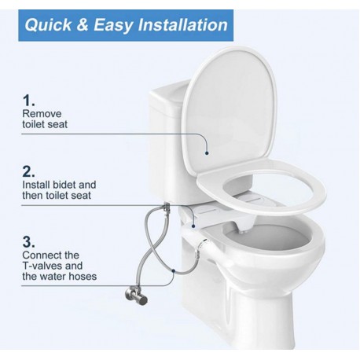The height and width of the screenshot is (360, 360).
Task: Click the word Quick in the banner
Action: [x=48, y=25]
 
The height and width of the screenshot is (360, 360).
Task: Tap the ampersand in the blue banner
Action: [x=83, y=25]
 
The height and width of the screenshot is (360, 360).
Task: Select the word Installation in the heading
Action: [x=183, y=25]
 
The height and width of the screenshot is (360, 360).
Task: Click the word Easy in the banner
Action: [x=113, y=26]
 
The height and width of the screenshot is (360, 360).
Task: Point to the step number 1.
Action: [x=28, y=101]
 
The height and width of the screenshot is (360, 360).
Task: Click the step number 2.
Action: [x=28, y=171]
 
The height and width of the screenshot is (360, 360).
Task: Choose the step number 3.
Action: [x=28, y=242]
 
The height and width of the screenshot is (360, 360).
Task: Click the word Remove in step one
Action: [x=42, y=114]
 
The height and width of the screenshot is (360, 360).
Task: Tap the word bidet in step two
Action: [x=64, y=185]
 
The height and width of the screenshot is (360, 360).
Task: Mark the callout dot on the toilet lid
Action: [x=207, y=153]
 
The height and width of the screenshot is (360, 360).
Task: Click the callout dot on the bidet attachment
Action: [x=193, y=226]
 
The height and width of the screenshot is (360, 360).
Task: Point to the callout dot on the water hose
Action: [x=173, y=270]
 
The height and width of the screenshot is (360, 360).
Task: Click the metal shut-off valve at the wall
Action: [x=136, y=296]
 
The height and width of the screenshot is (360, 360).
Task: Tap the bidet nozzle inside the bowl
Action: [x=244, y=231]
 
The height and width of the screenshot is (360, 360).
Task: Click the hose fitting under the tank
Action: [x=166, y=208]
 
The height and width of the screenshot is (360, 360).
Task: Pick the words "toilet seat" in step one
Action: [x=45, y=124]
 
